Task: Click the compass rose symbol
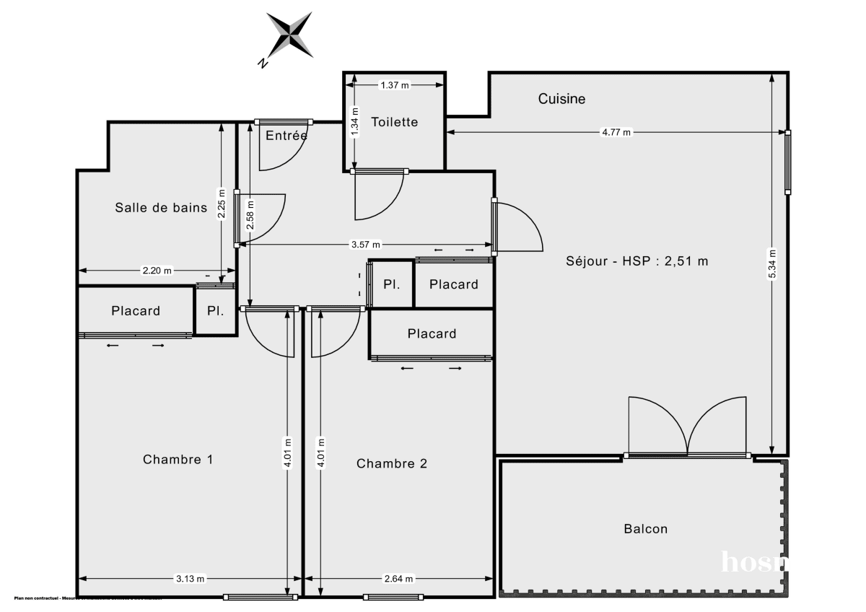[290, 34]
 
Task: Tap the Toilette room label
[394, 122]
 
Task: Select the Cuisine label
[561, 99]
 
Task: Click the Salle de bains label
[161, 208]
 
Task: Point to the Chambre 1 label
[178, 460]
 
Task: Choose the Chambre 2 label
[391, 463]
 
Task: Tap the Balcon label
[645, 529]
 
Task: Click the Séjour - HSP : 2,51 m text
[637, 261]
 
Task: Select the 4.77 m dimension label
[616, 132]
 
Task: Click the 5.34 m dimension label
[772, 263]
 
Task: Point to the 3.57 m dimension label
[365, 245]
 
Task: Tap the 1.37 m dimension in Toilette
[394, 85]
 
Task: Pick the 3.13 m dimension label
[190, 579]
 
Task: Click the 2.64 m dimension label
[398, 579]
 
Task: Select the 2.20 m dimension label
[157, 271]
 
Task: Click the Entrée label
[286, 136]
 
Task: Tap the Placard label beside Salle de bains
[136, 311]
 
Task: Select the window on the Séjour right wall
[788, 162]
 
